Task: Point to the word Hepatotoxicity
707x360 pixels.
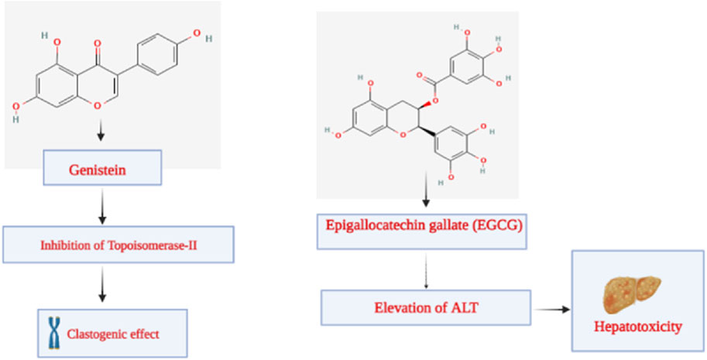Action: [x=637, y=328]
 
